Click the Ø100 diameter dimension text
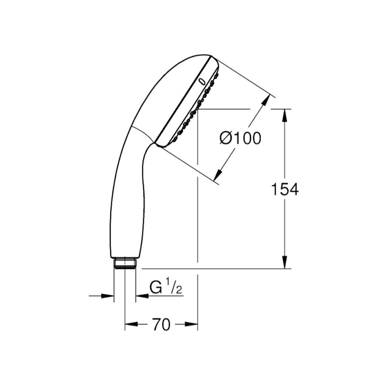(x=241, y=138)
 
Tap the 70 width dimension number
(x=161, y=325)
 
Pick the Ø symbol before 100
(x=226, y=138)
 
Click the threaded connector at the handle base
(x=125, y=263)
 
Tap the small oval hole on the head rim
(x=202, y=81)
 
